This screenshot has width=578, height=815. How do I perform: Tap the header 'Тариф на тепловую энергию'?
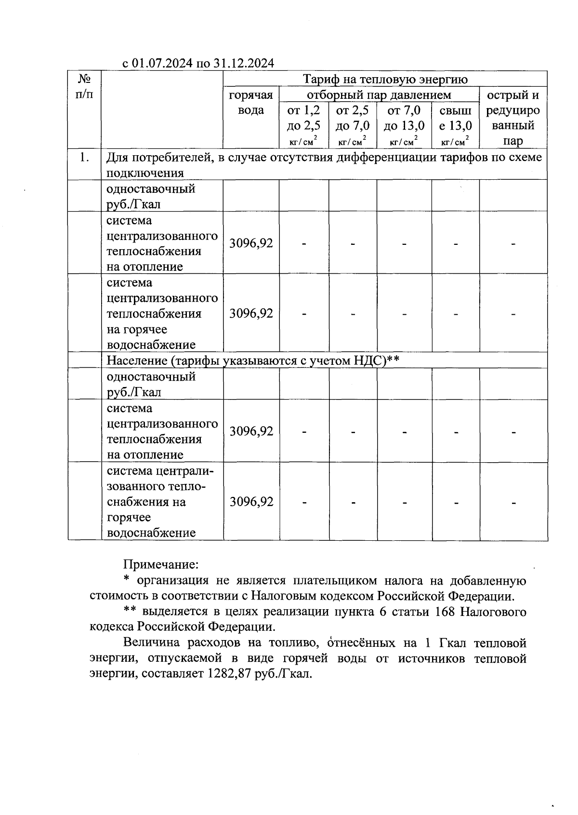tap(385, 79)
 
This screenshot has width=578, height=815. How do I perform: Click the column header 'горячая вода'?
tap(251, 103)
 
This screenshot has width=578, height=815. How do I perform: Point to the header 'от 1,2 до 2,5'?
tap(303, 118)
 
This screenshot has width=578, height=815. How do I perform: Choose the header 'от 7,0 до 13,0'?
tap(404, 118)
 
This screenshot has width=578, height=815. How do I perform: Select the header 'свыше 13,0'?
tap(455, 118)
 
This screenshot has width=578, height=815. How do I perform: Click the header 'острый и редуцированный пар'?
tap(513, 118)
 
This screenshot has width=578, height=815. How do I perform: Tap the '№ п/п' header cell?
tap(84, 86)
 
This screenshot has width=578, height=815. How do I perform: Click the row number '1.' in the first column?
tap(84, 157)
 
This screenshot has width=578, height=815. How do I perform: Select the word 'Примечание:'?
tap(161, 564)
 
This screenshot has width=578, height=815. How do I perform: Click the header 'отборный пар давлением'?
tap(379, 94)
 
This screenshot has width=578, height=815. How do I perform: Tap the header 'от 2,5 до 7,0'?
tap(353, 118)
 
